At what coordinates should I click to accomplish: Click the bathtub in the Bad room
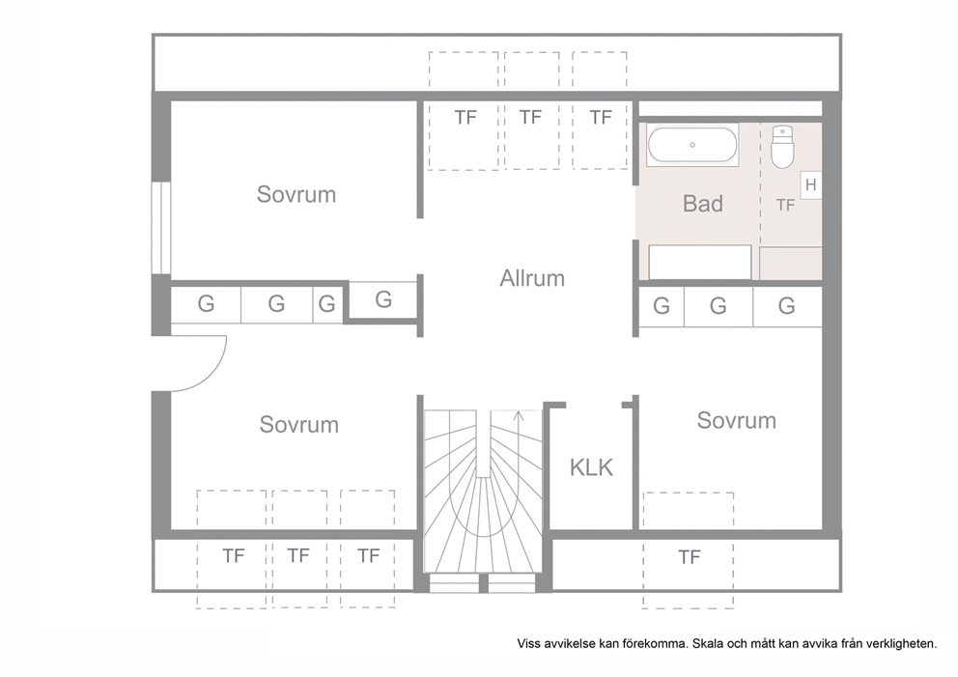pos(692,145)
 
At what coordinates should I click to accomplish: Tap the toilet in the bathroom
pos(782,147)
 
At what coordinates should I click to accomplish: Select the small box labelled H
pos(811,184)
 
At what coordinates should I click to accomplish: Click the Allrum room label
pos(532,278)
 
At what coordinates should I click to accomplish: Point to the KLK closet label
pos(591,467)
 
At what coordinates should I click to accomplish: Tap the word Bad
pos(703,204)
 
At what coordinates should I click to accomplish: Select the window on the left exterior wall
pos(160,227)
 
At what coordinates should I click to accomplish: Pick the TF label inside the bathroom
pos(785,206)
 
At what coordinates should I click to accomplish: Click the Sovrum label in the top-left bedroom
pos(296,194)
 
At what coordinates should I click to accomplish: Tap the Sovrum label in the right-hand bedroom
pos(736,420)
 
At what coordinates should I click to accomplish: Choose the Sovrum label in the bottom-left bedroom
pos(298,424)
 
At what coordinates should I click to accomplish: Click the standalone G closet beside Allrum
pos(383,299)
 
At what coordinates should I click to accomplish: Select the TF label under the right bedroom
pos(690,557)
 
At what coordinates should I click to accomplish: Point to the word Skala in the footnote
pos(707,643)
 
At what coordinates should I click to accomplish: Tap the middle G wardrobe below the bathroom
pos(718,305)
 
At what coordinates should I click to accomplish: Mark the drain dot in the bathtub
pos(692,145)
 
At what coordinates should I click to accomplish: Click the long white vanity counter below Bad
pos(700,262)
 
